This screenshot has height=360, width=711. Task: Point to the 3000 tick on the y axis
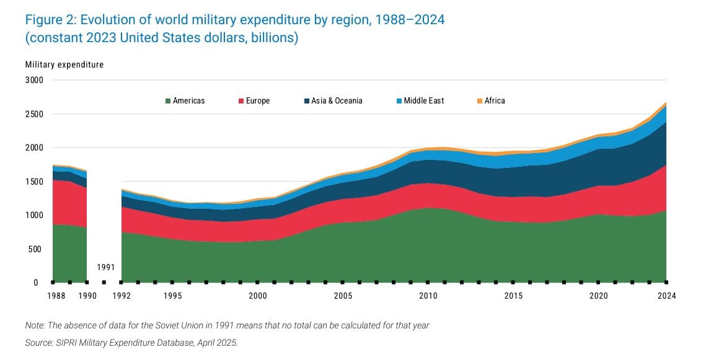[35, 81]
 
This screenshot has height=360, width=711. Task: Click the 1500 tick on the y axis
[35, 182]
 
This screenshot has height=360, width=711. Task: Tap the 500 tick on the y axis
[37, 249]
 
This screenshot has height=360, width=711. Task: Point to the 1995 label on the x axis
[172, 296]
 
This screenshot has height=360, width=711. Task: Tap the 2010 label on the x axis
[428, 296]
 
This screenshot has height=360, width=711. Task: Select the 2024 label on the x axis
[666, 296]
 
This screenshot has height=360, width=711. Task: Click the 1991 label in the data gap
[106, 268]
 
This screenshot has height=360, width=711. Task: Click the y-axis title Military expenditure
[64, 64]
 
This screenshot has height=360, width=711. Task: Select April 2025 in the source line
[216, 343]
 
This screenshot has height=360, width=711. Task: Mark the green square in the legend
[167, 100]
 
